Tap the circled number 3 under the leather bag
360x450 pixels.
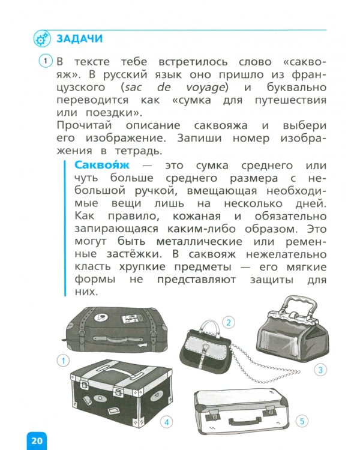[322, 370]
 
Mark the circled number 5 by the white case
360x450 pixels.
[302, 420]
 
